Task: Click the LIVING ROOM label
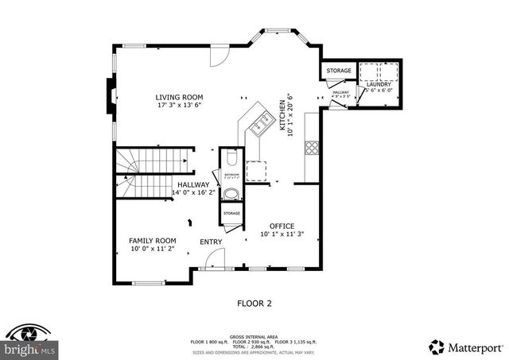pyautogui.click(x=179, y=98)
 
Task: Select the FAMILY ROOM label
pyautogui.click(x=153, y=240)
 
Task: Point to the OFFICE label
pyautogui.click(x=282, y=225)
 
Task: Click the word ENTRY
pyautogui.click(x=211, y=242)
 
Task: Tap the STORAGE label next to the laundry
pyautogui.click(x=340, y=72)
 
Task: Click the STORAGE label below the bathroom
pyautogui.click(x=231, y=214)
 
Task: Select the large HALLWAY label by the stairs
pyautogui.click(x=192, y=184)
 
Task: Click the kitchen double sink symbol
pyautogui.click(x=261, y=122)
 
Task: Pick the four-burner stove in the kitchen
pyautogui.click(x=313, y=147)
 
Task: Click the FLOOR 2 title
pyautogui.click(x=254, y=303)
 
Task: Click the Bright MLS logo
pyautogui.click(x=29, y=342)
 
